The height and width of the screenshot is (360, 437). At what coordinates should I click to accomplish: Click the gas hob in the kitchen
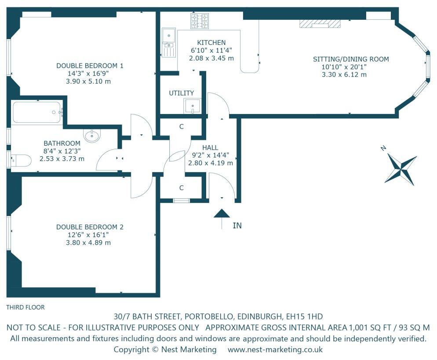pos(200,21)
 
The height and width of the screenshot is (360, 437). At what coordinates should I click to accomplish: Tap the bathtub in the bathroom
pos(37,112)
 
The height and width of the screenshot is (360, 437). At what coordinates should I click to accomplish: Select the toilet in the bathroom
pos(21,161)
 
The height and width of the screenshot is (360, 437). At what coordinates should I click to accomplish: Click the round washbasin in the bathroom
pos(92,136)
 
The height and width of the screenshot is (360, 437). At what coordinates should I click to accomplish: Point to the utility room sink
pos(192,106)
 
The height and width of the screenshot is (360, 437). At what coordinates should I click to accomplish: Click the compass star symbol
pos(401,169)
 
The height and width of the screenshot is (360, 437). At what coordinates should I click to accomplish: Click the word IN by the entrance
pos(237,225)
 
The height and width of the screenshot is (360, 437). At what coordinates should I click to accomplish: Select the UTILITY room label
pos(182,93)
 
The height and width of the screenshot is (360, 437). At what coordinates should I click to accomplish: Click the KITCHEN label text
pos(211,43)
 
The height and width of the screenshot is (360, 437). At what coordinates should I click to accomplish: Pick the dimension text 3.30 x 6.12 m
pos(344,74)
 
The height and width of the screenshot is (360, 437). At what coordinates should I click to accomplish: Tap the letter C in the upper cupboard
pos(182,127)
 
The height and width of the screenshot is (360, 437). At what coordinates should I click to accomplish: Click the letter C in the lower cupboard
pos(182,188)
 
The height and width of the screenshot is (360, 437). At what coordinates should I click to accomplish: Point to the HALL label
pos(210,147)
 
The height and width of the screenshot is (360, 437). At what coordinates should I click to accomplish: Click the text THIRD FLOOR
pos(25,307)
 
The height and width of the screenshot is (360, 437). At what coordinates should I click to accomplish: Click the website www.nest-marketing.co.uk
pos(275,349)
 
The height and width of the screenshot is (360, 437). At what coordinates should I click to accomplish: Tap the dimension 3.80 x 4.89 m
pos(88,242)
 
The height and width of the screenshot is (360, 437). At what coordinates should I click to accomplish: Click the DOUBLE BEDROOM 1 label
pos(90,66)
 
